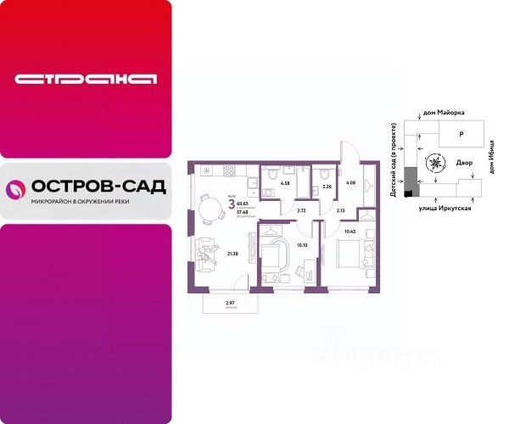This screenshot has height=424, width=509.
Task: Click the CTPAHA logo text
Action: point(87,80)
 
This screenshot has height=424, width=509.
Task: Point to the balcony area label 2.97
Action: point(229,303)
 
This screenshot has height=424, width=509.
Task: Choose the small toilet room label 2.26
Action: point(327,187)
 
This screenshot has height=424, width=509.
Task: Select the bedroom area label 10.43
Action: point(350,231)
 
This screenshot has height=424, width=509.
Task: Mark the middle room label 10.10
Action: point(302,246)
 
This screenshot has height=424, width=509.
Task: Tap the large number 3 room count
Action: point(231,204)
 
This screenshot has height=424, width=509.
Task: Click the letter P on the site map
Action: point(461,134)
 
